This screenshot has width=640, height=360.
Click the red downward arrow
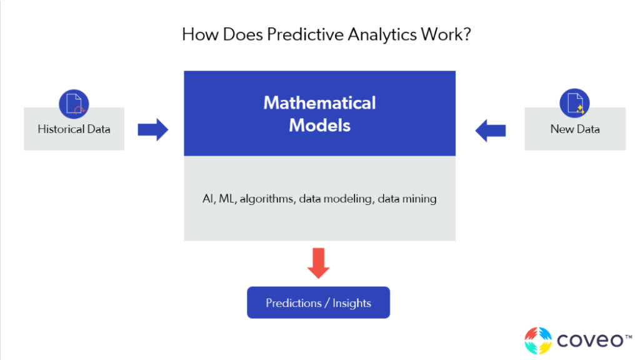[318, 263]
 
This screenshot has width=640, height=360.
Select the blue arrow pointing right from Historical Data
[152, 130]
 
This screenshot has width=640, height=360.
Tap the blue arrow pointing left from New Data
[491, 130]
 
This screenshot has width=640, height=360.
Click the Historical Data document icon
[74, 104]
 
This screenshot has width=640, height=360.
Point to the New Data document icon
[575, 103]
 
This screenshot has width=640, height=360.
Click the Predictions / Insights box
[318, 302]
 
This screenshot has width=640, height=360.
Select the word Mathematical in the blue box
[319, 103]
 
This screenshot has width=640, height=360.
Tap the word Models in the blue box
[319, 125]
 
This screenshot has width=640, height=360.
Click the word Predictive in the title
[305, 34]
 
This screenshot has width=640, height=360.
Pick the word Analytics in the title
[382, 35]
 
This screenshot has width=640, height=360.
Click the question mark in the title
[466, 34]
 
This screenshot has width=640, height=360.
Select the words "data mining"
[407, 199]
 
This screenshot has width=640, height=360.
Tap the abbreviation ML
[227, 199]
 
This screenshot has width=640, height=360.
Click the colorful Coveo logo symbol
[538, 341]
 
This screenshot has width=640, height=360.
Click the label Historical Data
[74, 129]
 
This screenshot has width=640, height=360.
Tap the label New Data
[575, 129]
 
